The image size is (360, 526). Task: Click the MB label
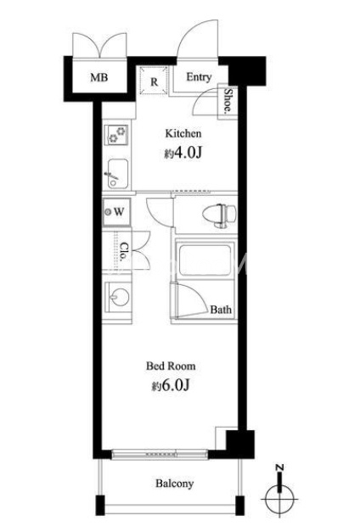click(99, 77)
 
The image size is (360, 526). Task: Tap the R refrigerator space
click(154, 81)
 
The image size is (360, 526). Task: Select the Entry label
click(199, 77)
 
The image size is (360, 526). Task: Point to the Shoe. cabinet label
click(228, 100)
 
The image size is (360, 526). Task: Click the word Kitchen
click(183, 133)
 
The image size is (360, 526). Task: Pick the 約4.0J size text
click(183, 153)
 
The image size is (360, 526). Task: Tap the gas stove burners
click(115, 135)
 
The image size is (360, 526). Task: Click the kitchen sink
click(117, 173)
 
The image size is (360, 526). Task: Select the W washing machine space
click(116, 212)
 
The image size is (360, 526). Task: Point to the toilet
click(219, 214)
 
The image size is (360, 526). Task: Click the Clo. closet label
click(124, 252)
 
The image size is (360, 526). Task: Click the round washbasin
click(119, 297)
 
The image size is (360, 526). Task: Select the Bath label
click(221, 310)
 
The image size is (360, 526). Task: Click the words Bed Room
click(171, 366)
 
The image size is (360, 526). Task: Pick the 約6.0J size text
click(171, 385)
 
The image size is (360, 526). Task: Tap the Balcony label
click(174, 484)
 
